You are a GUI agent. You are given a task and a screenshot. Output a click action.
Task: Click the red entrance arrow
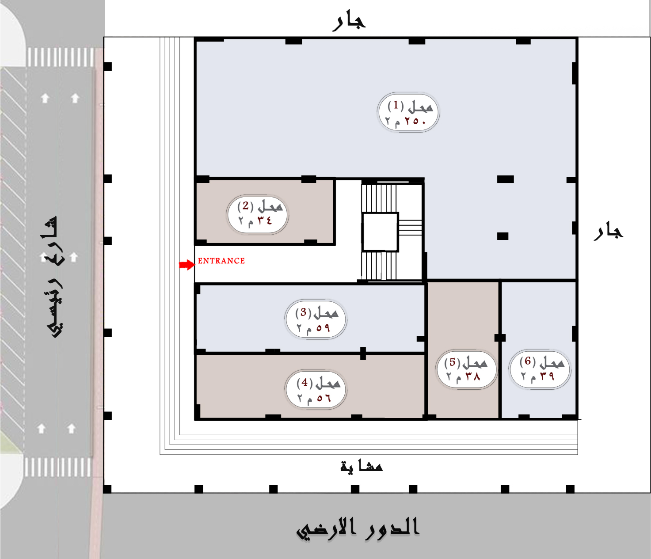click(187, 265)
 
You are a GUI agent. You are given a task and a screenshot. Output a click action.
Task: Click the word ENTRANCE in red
click(221, 261)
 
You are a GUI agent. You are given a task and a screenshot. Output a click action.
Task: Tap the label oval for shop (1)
click(408, 112)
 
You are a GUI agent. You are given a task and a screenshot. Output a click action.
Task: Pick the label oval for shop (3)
click(315, 319)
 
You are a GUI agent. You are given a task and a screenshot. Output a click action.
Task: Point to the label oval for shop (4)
click(316, 389)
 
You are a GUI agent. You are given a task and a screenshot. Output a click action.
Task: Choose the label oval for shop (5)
click(466, 369)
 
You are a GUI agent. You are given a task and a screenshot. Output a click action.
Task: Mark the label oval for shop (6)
click(540, 369)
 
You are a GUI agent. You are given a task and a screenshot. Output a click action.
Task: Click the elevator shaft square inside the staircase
click(380, 232)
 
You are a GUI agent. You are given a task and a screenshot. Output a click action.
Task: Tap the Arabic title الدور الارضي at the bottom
click(358, 528)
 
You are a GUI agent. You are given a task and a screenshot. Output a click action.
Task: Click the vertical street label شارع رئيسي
click(54, 276)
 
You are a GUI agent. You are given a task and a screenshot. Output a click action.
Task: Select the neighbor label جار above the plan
click(349, 21)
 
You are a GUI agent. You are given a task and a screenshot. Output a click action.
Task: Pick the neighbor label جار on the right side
click(608, 232)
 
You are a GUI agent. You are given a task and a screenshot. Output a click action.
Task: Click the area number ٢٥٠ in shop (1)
click(415, 121)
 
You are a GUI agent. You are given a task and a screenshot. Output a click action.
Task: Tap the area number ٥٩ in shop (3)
click(323, 328)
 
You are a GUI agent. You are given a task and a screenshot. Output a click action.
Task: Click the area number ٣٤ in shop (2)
click(264, 220)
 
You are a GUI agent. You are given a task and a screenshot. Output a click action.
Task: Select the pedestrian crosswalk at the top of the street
click(61, 57)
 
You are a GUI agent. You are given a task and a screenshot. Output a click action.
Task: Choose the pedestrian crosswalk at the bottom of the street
click(58, 467)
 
